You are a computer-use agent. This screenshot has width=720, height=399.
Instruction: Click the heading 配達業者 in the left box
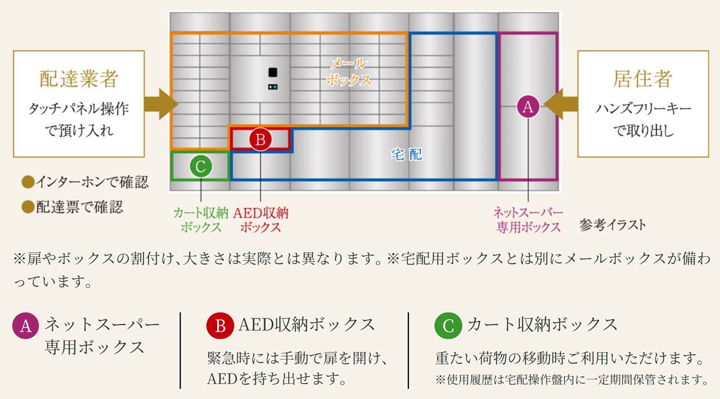(x=79, y=79)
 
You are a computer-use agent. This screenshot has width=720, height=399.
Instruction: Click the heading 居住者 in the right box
(x=642, y=79)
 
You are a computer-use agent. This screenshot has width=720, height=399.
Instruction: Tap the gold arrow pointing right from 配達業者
(x=160, y=104)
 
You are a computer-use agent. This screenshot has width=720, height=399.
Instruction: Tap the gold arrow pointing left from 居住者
(x=562, y=105)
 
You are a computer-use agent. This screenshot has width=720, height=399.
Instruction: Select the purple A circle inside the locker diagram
(x=527, y=106)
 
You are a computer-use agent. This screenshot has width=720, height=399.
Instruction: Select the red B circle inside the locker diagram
(x=260, y=140)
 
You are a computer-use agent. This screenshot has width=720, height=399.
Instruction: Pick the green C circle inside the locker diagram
(x=200, y=166)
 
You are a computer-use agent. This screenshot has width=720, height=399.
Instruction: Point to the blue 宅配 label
(x=407, y=154)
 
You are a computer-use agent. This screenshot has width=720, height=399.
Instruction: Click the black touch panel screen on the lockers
(x=272, y=73)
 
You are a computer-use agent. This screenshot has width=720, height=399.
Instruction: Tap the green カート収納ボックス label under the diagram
(x=200, y=220)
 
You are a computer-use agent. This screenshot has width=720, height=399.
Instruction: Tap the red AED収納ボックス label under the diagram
(x=260, y=220)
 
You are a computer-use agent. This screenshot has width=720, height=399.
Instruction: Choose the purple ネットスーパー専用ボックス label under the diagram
(x=528, y=220)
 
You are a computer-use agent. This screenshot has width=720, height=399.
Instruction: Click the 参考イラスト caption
(x=613, y=226)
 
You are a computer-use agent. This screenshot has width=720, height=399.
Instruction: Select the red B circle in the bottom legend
(x=220, y=326)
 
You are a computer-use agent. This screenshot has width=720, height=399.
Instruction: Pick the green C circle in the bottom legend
(x=448, y=326)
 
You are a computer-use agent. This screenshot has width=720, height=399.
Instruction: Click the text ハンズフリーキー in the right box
(x=643, y=109)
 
